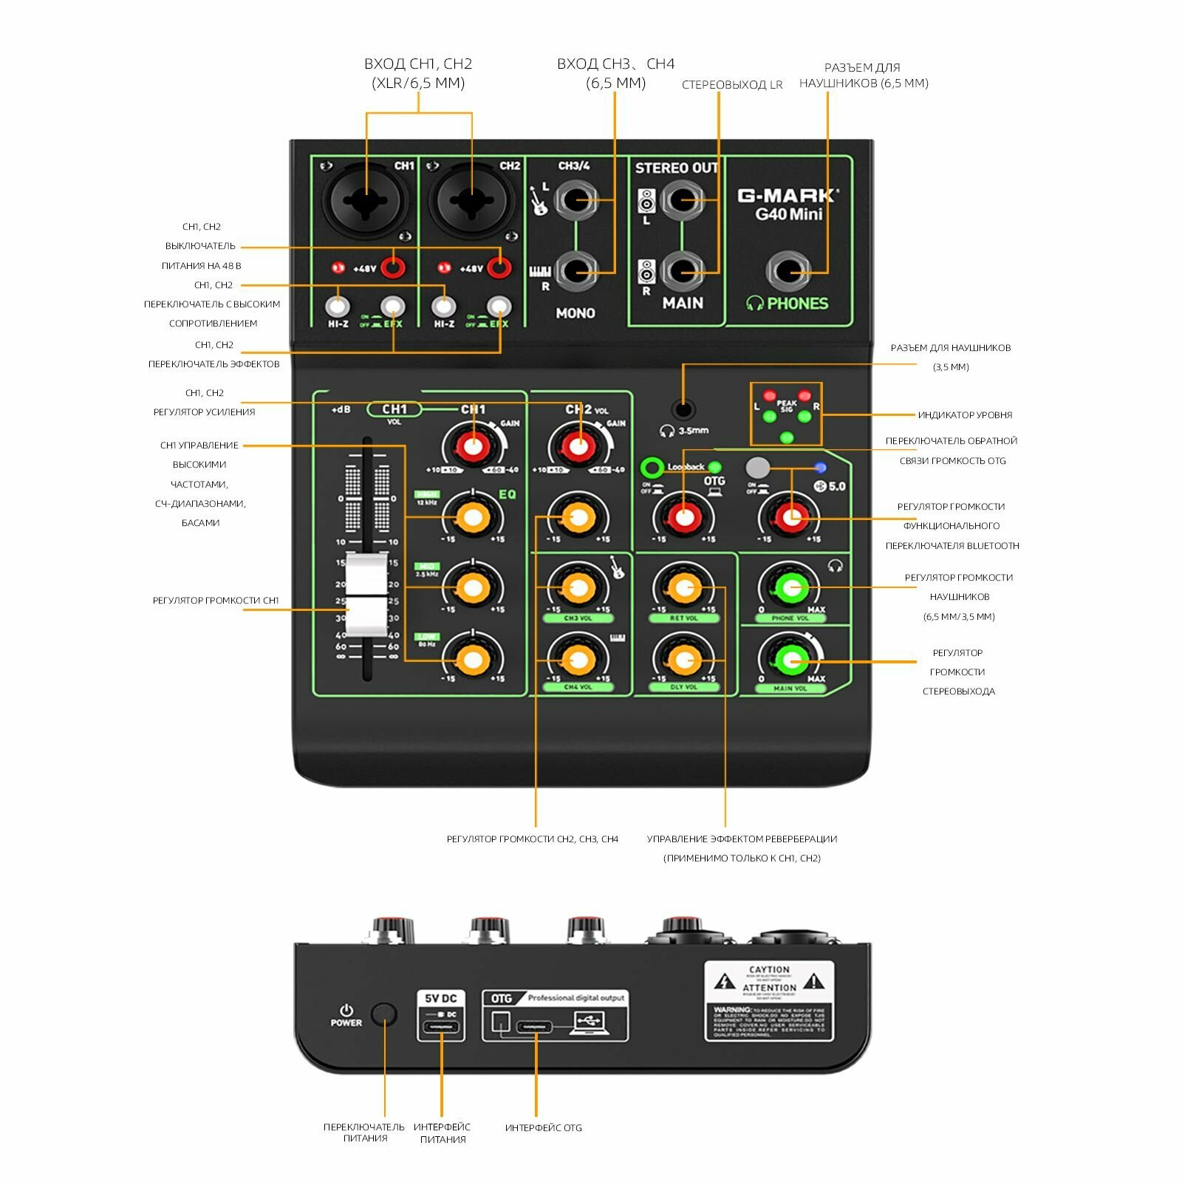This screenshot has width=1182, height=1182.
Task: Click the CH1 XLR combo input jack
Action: pyautogui.click(x=366, y=199)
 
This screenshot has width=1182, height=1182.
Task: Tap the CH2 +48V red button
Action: pyautogui.click(x=499, y=267)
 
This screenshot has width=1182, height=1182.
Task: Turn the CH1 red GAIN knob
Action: pyautogui.click(x=473, y=446)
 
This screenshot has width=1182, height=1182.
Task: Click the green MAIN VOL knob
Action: pyautogui.click(x=790, y=659)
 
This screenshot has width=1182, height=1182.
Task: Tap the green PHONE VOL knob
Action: pyautogui.click(x=790, y=589)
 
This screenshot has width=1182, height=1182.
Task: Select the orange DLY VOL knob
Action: pyautogui.click(x=684, y=659)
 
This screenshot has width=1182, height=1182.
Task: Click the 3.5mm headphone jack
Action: pyautogui.click(x=684, y=410)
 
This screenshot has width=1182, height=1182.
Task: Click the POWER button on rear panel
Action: pyautogui.click(x=384, y=1015)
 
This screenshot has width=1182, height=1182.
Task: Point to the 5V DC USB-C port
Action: pyautogui.click(x=441, y=1028)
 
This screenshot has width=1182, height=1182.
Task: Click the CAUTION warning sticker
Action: pyautogui.click(x=769, y=1001)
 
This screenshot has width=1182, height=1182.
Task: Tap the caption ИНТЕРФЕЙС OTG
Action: pyautogui.click(x=543, y=1128)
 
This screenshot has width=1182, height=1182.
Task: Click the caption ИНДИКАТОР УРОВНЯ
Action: pyautogui.click(x=964, y=415)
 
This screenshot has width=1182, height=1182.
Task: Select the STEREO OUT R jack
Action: pyautogui.click(x=683, y=271)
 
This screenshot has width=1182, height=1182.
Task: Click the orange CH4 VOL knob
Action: pyautogui.click(x=578, y=659)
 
